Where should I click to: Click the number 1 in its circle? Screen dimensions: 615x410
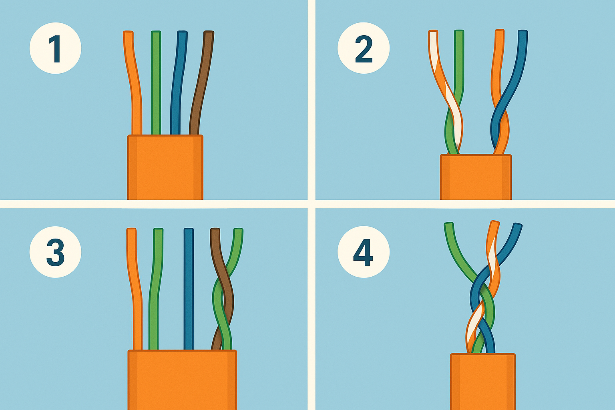56,48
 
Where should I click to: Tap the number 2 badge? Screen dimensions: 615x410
364,48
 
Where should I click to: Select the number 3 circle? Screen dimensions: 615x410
56,252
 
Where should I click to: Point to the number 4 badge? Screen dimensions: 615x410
364,252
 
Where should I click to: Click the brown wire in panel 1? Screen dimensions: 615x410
202,82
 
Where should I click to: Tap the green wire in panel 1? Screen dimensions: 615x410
156,82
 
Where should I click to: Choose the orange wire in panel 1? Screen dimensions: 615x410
134,82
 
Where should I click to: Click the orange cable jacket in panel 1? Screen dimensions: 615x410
165,167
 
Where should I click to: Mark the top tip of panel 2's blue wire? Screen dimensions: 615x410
523,31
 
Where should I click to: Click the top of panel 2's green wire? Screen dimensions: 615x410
459,31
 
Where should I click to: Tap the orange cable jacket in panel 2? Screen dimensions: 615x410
476,177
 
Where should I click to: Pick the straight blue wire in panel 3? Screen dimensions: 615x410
189,289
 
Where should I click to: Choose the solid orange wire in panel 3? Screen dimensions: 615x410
135,289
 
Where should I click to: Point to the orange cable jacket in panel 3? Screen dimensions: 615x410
182,380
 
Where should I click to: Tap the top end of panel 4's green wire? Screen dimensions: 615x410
448,224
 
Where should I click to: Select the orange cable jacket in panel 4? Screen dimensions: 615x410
483,382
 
